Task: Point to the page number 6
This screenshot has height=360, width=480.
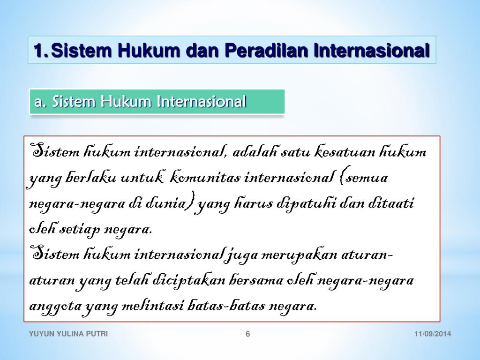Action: (x=248, y=334)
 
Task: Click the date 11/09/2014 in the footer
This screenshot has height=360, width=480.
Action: (x=433, y=334)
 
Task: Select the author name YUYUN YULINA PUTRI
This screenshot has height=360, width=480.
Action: (x=68, y=334)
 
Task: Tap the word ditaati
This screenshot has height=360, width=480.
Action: (x=390, y=204)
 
